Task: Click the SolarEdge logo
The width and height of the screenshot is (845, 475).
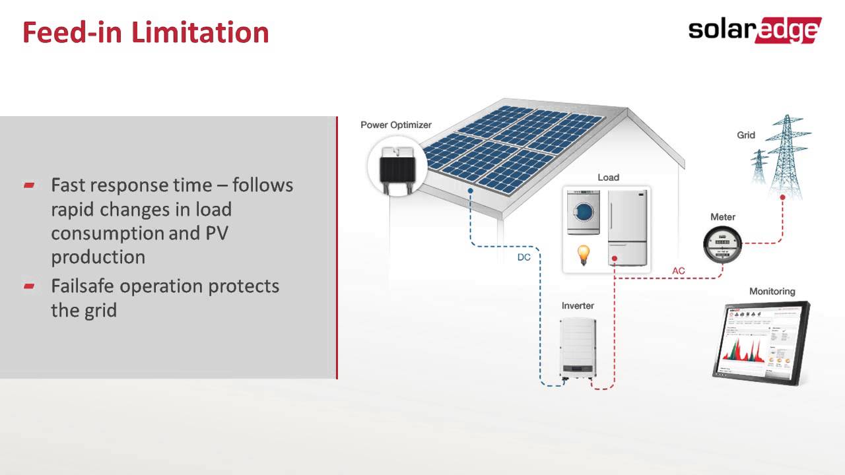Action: click(755, 30)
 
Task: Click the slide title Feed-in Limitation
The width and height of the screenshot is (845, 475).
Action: click(146, 32)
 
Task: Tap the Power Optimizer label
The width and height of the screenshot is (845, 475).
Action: click(395, 125)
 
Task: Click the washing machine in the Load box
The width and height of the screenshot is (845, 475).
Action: click(584, 212)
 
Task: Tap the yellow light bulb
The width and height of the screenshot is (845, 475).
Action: click(584, 255)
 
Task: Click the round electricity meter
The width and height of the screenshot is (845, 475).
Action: click(723, 244)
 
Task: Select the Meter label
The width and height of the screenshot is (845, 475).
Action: click(722, 217)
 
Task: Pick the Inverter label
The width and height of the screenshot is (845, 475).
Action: click(578, 305)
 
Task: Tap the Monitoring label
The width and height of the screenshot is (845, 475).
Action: click(772, 292)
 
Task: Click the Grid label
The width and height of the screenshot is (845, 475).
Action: click(746, 135)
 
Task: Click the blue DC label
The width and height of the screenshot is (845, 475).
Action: click(524, 257)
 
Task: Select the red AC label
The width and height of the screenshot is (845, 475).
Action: click(679, 271)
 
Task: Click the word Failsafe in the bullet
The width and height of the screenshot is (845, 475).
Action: click(83, 286)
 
